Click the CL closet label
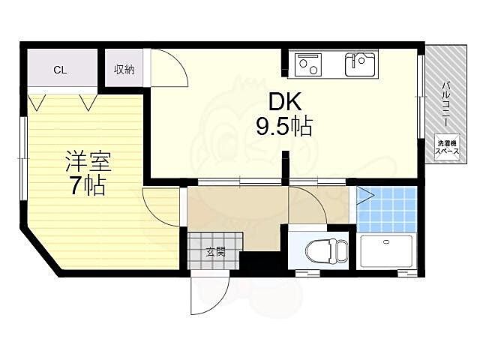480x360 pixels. coord(60,70)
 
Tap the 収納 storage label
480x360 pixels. coord(124,70)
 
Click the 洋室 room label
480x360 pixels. coord(83,162)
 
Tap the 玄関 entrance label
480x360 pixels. coord(216,252)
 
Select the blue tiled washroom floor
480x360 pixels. coord(386,208)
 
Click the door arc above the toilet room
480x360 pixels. coord(307,204)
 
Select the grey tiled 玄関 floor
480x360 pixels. coord(214,247)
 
